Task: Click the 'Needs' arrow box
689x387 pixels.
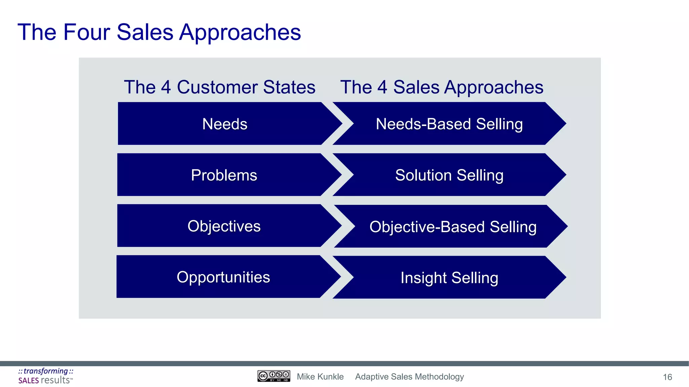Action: pyautogui.click(x=225, y=124)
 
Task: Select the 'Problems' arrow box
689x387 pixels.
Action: pyautogui.click(x=224, y=175)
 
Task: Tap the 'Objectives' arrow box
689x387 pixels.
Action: pyautogui.click(x=224, y=226)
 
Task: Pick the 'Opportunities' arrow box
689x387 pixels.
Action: pyautogui.click(x=223, y=277)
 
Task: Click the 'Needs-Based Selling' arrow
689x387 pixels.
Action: pyautogui.click(x=449, y=124)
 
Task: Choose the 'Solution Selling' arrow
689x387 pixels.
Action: pyautogui.click(x=449, y=175)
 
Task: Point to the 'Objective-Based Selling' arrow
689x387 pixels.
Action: pyautogui.click(x=453, y=226)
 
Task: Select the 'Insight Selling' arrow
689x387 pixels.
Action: pyautogui.click(x=449, y=277)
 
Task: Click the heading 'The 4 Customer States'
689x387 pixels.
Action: pyautogui.click(x=219, y=87)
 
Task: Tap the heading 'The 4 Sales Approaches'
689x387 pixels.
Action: pyautogui.click(x=441, y=87)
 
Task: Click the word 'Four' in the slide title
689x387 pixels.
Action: pyautogui.click(x=86, y=32)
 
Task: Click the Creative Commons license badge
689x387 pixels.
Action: pyautogui.click(x=274, y=376)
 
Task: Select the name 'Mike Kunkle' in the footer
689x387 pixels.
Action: pyautogui.click(x=320, y=377)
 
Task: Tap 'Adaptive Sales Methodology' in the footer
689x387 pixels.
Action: pyautogui.click(x=409, y=377)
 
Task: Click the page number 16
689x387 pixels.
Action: pyautogui.click(x=667, y=377)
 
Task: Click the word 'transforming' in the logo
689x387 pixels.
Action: pyautogui.click(x=46, y=371)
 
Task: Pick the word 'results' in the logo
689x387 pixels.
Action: pyautogui.click(x=55, y=380)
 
